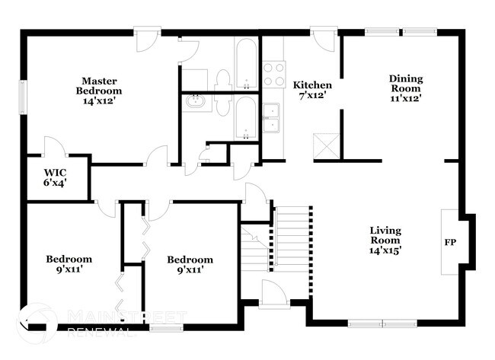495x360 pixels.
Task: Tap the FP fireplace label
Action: point(450,243)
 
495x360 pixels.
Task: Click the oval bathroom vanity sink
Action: point(195,100)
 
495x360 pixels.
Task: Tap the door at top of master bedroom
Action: point(146,40)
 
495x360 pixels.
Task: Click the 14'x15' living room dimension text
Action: point(385,249)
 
